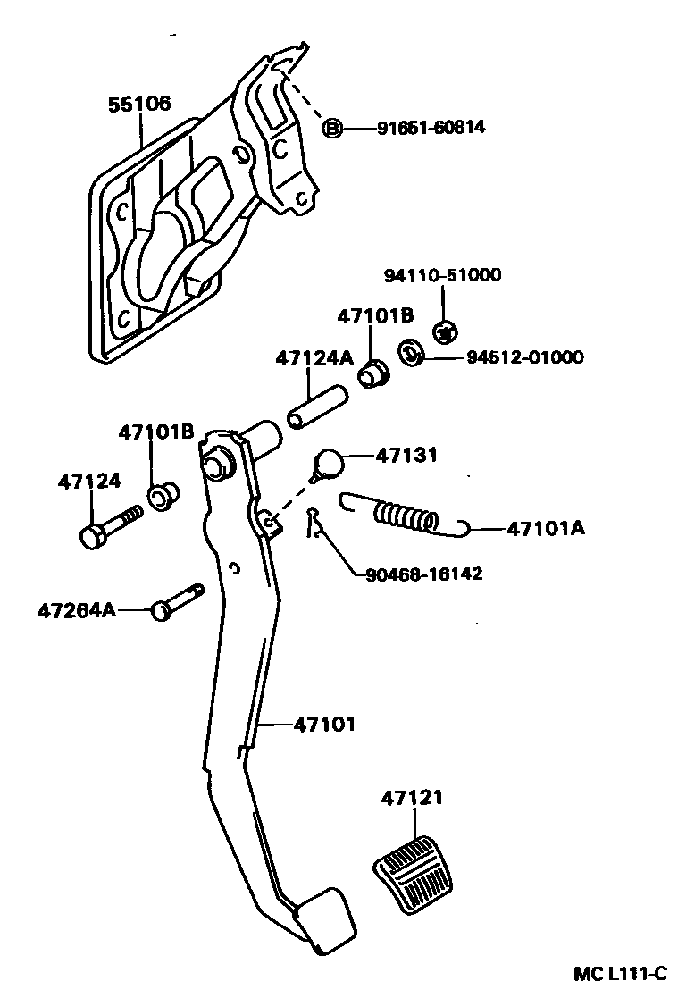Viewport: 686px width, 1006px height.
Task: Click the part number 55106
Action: click(x=139, y=105)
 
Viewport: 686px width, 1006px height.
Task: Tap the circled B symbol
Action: click(x=331, y=130)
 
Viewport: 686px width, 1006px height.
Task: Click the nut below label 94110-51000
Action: click(x=444, y=331)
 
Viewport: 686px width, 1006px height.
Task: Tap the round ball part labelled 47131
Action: click(x=330, y=465)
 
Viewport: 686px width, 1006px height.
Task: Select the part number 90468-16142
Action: click(x=423, y=574)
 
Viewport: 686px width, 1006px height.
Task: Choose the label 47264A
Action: click(x=77, y=610)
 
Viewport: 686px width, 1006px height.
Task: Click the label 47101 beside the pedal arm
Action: click(x=324, y=725)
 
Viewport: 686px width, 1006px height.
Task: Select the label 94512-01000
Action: click(x=524, y=357)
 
